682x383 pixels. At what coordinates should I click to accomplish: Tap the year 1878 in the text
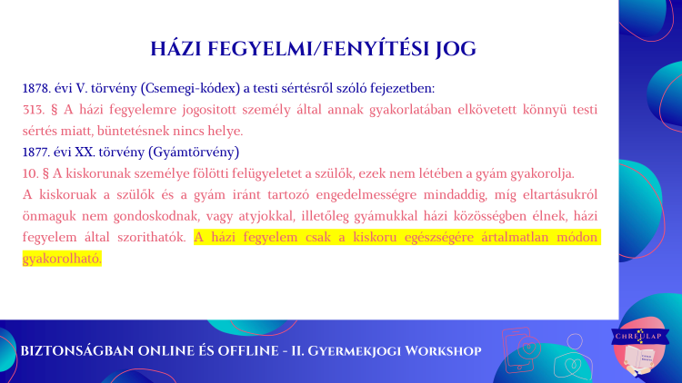pos(36,88)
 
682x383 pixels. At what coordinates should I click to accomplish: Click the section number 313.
pos(34,110)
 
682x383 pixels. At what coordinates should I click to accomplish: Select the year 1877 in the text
pos(36,152)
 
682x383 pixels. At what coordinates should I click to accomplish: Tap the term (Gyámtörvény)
pos(194,152)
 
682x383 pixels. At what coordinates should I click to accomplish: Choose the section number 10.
pos(30,173)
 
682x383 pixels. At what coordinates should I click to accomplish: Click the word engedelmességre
pos(366,195)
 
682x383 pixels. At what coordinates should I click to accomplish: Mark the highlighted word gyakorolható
pos(62,259)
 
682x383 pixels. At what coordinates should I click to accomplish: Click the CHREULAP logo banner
pos(640,336)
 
